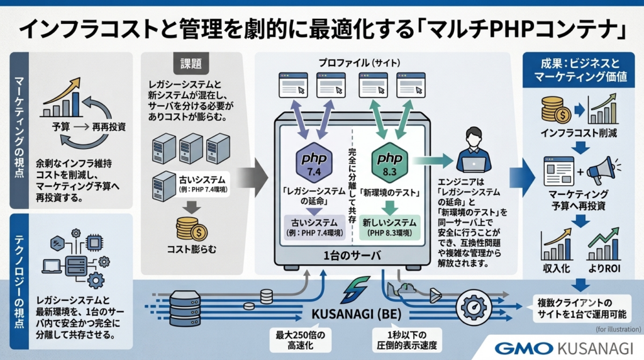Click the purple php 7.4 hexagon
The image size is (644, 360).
click(x=314, y=163)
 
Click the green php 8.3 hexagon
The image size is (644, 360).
click(x=389, y=163)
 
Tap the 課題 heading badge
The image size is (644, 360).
click(x=191, y=64)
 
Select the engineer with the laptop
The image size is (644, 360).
click(x=474, y=150)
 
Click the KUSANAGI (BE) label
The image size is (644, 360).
click(x=357, y=315)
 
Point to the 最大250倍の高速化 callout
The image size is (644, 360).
click(x=300, y=340)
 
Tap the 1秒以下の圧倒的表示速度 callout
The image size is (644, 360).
click(x=407, y=340)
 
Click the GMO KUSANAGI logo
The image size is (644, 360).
click(x=563, y=349)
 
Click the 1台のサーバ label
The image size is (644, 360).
click(x=352, y=256)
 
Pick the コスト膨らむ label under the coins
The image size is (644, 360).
click(x=191, y=249)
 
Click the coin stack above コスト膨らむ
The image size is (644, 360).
click(x=191, y=228)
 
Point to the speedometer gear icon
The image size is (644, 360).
click(x=474, y=307)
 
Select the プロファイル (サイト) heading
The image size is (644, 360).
click(x=359, y=63)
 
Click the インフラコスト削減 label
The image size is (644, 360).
click(x=579, y=133)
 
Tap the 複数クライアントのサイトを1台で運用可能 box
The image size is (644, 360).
click(x=582, y=308)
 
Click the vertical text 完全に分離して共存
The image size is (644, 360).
click(x=352, y=186)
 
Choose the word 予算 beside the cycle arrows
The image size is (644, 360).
click(x=61, y=127)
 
